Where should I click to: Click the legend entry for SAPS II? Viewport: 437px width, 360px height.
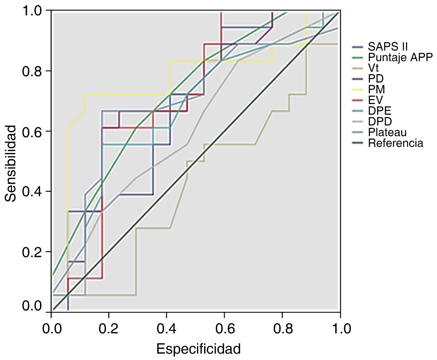pos(387,46)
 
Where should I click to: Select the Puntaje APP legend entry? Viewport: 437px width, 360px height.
pos(400,57)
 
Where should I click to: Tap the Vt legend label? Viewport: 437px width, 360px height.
pos(373,68)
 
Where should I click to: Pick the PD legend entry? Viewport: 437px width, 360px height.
pos(376,78)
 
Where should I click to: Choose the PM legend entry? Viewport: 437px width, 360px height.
pos(376,89)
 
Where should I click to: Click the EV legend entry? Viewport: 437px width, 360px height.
pos(375,100)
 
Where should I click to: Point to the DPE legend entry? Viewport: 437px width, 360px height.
pos(379,111)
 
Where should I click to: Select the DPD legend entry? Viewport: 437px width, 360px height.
pos(380,122)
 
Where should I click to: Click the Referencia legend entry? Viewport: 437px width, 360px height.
pos(395,143)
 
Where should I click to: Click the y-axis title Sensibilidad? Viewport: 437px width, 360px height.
pos(11,163)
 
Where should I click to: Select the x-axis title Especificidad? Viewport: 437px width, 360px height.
pos(198,349)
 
